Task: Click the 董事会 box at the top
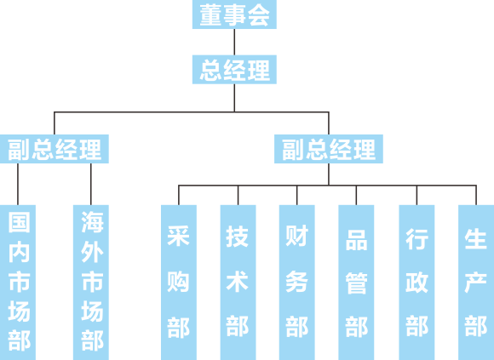click(x=234, y=14)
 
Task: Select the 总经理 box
click(x=234, y=70)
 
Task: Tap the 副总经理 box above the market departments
click(x=55, y=149)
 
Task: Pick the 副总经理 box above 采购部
click(x=329, y=149)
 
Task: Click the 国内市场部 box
click(x=18, y=283)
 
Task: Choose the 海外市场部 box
click(x=91, y=283)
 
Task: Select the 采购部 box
click(x=179, y=283)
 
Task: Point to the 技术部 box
click(x=238, y=283)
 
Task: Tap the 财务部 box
click(x=296, y=283)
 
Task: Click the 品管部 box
click(x=356, y=283)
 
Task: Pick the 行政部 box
click(x=416, y=283)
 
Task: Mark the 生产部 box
click(x=476, y=283)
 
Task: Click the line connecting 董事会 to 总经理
click(x=234, y=42)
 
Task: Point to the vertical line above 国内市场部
click(x=18, y=184)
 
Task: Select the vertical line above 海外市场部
click(x=91, y=184)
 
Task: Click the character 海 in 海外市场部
click(x=92, y=222)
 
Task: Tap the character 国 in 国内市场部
click(x=19, y=222)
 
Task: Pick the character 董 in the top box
click(x=211, y=14)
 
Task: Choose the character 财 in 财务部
click(x=296, y=236)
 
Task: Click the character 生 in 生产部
click(x=476, y=239)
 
